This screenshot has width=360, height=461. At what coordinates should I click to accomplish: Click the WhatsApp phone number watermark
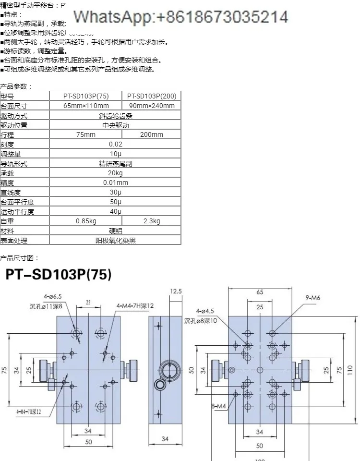pyautogui.click(x=180, y=17)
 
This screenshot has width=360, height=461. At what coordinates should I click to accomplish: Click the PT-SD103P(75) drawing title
pyautogui.click(x=59, y=275)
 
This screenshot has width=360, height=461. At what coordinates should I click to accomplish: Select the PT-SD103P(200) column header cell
pyautogui.click(x=152, y=96)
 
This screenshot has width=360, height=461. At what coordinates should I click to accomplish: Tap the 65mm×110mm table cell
pyautogui.click(x=86, y=106)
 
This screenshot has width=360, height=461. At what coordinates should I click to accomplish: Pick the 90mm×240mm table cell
pyautogui.click(x=152, y=106)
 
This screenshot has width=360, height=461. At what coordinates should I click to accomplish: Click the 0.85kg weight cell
pyautogui.click(x=86, y=221)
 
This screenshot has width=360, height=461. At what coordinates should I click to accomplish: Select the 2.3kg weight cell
pyautogui.click(x=152, y=221)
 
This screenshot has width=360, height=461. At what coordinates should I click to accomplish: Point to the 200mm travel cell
pyautogui.click(x=152, y=134)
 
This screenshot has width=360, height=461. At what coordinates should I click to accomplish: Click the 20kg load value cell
pyautogui.click(x=115, y=173)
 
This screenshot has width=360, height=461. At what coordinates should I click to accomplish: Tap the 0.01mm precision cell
pyautogui.click(x=115, y=182)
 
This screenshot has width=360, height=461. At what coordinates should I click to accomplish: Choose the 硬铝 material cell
pyautogui.click(x=115, y=231)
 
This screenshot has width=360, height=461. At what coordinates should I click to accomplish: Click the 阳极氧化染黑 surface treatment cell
pyautogui.click(x=115, y=241)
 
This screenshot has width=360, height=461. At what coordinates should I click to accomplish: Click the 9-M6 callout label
pyautogui.click(x=312, y=298)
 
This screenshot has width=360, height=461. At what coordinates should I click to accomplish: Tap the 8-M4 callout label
pyautogui.click(x=218, y=406)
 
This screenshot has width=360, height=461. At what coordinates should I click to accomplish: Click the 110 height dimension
pyautogui.click(x=350, y=369)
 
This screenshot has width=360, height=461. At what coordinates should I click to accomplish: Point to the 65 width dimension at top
pyautogui.click(x=260, y=291)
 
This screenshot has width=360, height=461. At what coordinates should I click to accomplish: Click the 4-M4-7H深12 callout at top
pyautogui.click(x=135, y=305)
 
